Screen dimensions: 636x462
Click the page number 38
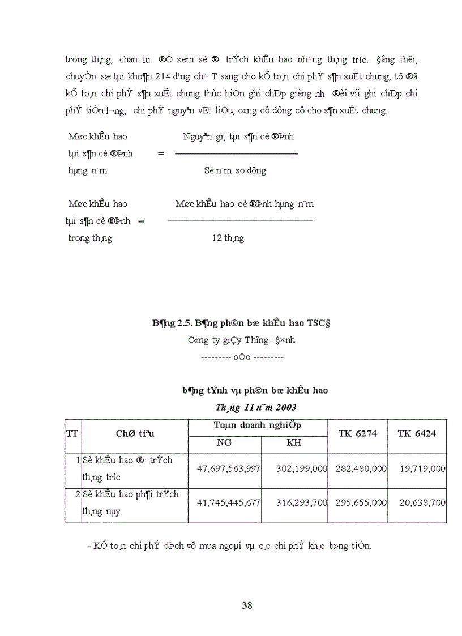click(x=247, y=605)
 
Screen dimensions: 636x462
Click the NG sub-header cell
click(x=224, y=443)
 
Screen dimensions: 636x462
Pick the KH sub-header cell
click(x=294, y=443)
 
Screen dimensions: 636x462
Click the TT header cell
click(x=72, y=433)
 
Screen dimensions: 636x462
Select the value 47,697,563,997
click(x=228, y=469)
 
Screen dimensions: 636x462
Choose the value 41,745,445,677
click(x=228, y=502)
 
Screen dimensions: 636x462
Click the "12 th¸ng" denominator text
click(x=228, y=238)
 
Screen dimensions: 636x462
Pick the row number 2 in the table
click(x=78, y=494)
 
